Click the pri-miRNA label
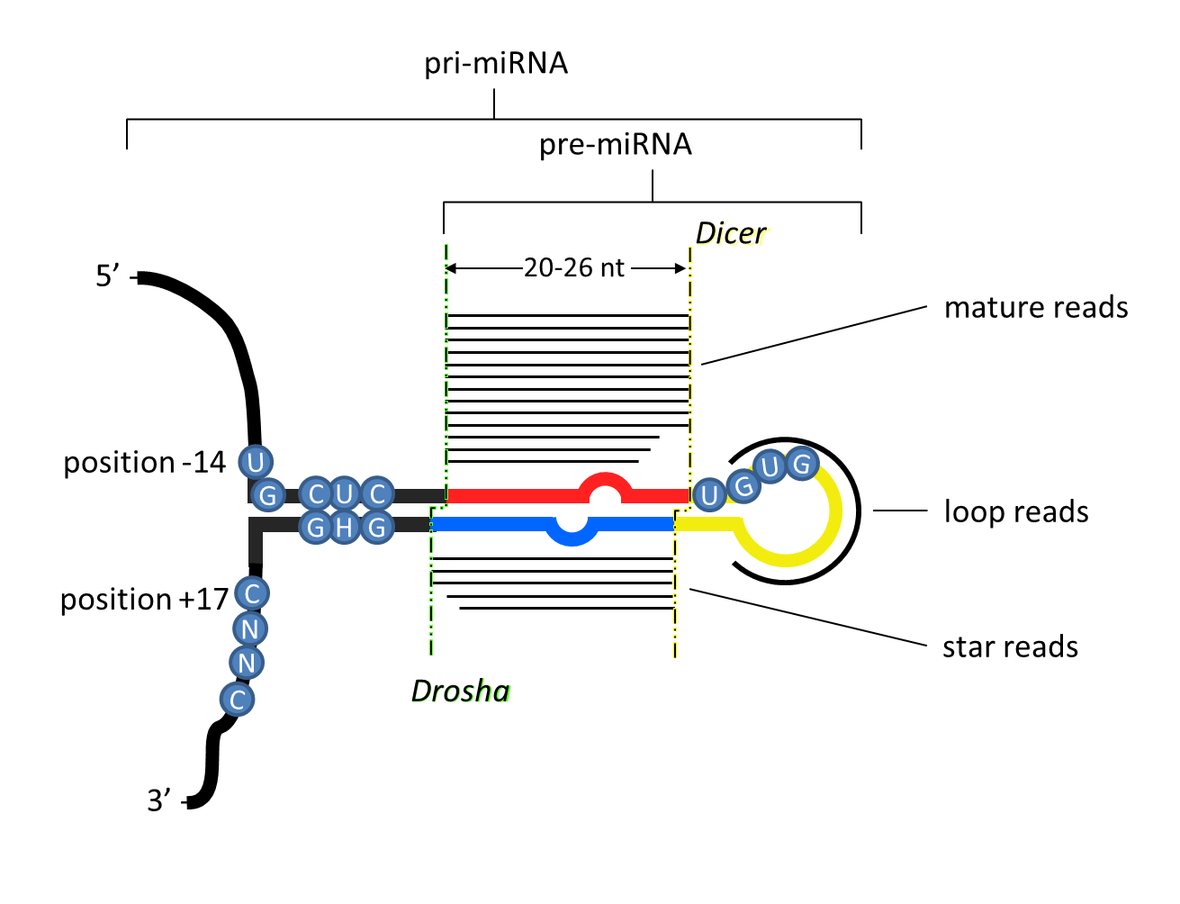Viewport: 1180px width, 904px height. click(x=496, y=65)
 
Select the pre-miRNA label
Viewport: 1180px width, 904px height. click(x=616, y=145)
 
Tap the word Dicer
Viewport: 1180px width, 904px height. click(x=730, y=234)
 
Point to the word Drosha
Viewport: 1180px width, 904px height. click(x=460, y=691)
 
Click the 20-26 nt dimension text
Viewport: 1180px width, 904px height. click(x=574, y=268)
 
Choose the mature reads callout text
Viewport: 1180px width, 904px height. click(x=1036, y=308)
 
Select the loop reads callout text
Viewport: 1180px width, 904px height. click(x=1016, y=512)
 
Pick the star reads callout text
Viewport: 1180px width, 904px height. click(x=1010, y=647)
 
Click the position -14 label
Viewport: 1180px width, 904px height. click(x=144, y=463)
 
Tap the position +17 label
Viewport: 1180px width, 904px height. click(x=144, y=600)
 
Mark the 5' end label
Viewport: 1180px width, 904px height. click(x=109, y=276)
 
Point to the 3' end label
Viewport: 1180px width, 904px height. click(x=159, y=800)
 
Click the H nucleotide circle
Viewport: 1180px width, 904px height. click(x=344, y=528)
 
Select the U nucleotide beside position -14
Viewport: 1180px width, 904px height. click(x=255, y=463)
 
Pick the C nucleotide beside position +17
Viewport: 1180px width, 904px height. click(x=252, y=594)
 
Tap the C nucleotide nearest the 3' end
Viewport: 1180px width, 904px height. click(x=238, y=700)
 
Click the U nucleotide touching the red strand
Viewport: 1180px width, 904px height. click(x=708, y=495)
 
